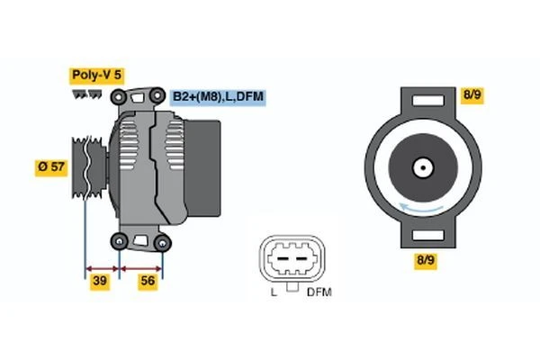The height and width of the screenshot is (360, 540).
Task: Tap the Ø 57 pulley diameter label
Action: click(x=51, y=166)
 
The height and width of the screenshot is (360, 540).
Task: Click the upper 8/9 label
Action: click(x=472, y=94)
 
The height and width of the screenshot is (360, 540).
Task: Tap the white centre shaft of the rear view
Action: click(x=420, y=166)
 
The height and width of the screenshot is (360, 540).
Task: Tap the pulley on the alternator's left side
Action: click(x=89, y=166)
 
